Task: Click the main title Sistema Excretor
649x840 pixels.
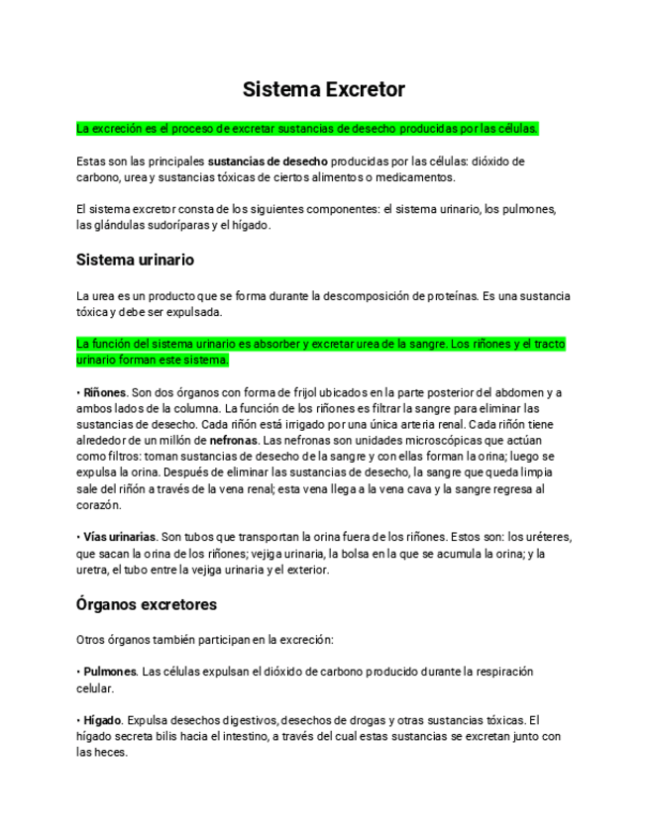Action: click(324, 89)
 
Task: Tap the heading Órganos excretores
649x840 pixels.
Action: click(147, 603)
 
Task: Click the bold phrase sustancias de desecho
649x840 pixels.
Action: click(265, 160)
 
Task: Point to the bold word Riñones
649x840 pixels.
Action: click(105, 393)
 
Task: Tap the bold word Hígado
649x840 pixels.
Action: click(102, 720)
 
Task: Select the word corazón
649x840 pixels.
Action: click(97, 504)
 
